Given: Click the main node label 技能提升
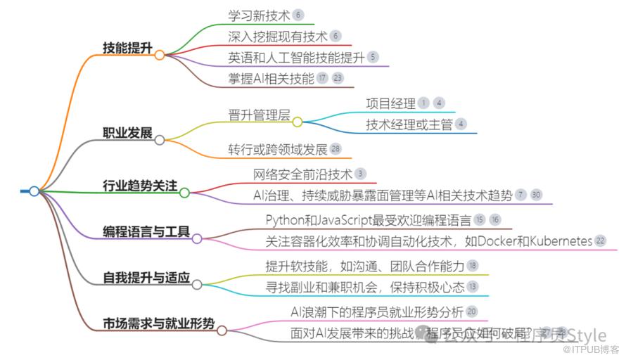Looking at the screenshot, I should pyautogui.click(x=127, y=48).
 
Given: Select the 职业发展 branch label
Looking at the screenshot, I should pyautogui.click(x=127, y=133).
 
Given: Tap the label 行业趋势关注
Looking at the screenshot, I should pyautogui.click(x=139, y=186).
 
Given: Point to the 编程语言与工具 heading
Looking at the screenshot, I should pyautogui.click(x=146, y=231).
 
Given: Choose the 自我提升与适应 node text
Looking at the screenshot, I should pyautogui.click(x=146, y=278).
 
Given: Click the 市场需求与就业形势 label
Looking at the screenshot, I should pyautogui.click(x=159, y=323).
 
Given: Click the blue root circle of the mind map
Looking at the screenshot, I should pyautogui.click(x=34, y=191).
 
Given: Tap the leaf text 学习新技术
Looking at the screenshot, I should pyautogui.click(x=259, y=15).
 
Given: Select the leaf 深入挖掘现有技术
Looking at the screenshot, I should pyautogui.click(x=277, y=35).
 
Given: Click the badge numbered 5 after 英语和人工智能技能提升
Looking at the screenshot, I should pyautogui.click(x=372, y=57).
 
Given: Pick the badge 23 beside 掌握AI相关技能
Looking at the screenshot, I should pyautogui.click(x=338, y=78).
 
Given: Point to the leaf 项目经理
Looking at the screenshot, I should pyautogui.click(x=390, y=103).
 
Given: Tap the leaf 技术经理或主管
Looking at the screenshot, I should pyautogui.click(x=409, y=124).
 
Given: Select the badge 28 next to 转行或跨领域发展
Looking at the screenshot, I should pyautogui.click(x=336, y=148).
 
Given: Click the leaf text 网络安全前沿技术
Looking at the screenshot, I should pyautogui.click(x=302, y=174).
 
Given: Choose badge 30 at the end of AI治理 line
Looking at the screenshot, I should pyautogui.click(x=537, y=195).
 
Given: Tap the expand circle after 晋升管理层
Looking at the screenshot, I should pyautogui.click(x=297, y=122).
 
